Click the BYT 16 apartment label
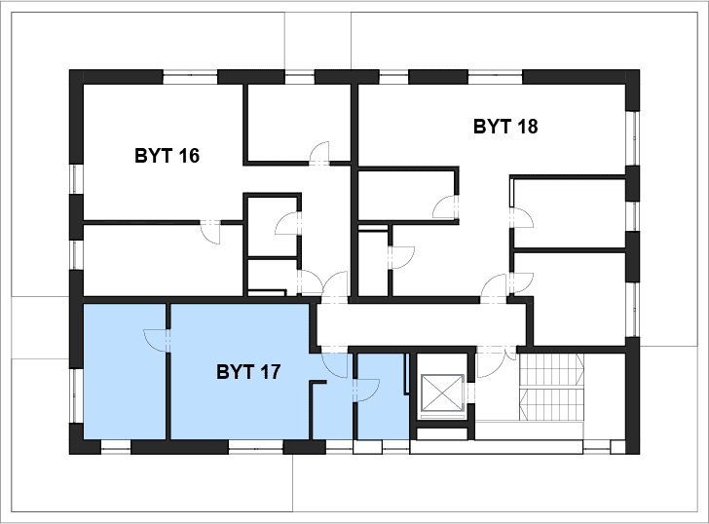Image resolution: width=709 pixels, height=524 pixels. pyautogui.click(x=167, y=156)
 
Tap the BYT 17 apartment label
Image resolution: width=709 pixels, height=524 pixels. pyautogui.click(x=248, y=372)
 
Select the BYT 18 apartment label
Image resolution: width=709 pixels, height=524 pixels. pyautogui.click(x=505, y=127)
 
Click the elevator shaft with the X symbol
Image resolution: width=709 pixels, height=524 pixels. pyautogui.click(x=442, y=393)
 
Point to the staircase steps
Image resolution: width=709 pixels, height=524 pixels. pyautogui.click(x=551, y=387)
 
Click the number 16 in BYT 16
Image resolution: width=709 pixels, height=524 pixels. pyautogui.click(x=189, y=156)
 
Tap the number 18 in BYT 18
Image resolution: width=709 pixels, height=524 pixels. pyautogui.click(x=527, y=127)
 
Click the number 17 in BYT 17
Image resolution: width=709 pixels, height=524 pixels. pyautogui.click(x=270, y=372)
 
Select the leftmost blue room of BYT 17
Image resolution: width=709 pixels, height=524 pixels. pyautogui.click(x=125, y=371)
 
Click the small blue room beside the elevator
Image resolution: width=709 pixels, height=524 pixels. pyautogui.click(x=383, y=396)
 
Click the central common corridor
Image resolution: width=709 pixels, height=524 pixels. pyautogui.click(x=421, y=324)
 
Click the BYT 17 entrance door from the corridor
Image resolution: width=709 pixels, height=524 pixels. pyautogui.click(x=335, y=364)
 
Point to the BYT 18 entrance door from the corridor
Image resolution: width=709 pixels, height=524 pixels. pyautogui.click(x=494, y=287)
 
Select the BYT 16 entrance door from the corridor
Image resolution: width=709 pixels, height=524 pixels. pyautogui.click(x=335, y=286)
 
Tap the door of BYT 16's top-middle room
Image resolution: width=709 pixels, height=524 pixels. pyautogui.click(x=319, y=153)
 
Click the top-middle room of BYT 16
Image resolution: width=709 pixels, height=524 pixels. pyautogui.click(x=298, y=122)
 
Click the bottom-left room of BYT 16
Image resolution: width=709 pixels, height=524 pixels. pyautogui.click(x=163, y=260)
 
